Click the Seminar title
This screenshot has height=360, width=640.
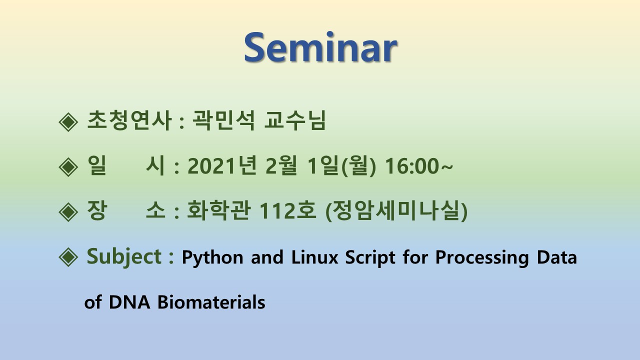tap(320, 47)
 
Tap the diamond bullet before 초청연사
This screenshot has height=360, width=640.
tap(68, 122)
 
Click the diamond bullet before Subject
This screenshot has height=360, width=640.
tap(68, 257)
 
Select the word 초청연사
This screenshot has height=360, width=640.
tap(129, 120)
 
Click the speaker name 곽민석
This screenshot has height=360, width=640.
tap(223, 120)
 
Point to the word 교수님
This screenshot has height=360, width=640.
tap(295, 120)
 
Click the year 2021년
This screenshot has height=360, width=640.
tap(221, 165)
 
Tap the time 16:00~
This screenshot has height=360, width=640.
tap(419, 165)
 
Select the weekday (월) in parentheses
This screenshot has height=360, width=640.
tap(358, 166)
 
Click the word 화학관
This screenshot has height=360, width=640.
tap(218, 210)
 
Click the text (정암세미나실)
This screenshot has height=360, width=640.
tap(396, 211)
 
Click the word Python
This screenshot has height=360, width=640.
tap(212, 257)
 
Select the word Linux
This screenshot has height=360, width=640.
tap(314, 257)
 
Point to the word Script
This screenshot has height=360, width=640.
tap(370, 257)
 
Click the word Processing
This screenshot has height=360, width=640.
tap(482, 257)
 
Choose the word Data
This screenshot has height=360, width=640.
tap(557, 257)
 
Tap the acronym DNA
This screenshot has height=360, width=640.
tap(129, 302)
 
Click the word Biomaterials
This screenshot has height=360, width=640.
tap(211, 302)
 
